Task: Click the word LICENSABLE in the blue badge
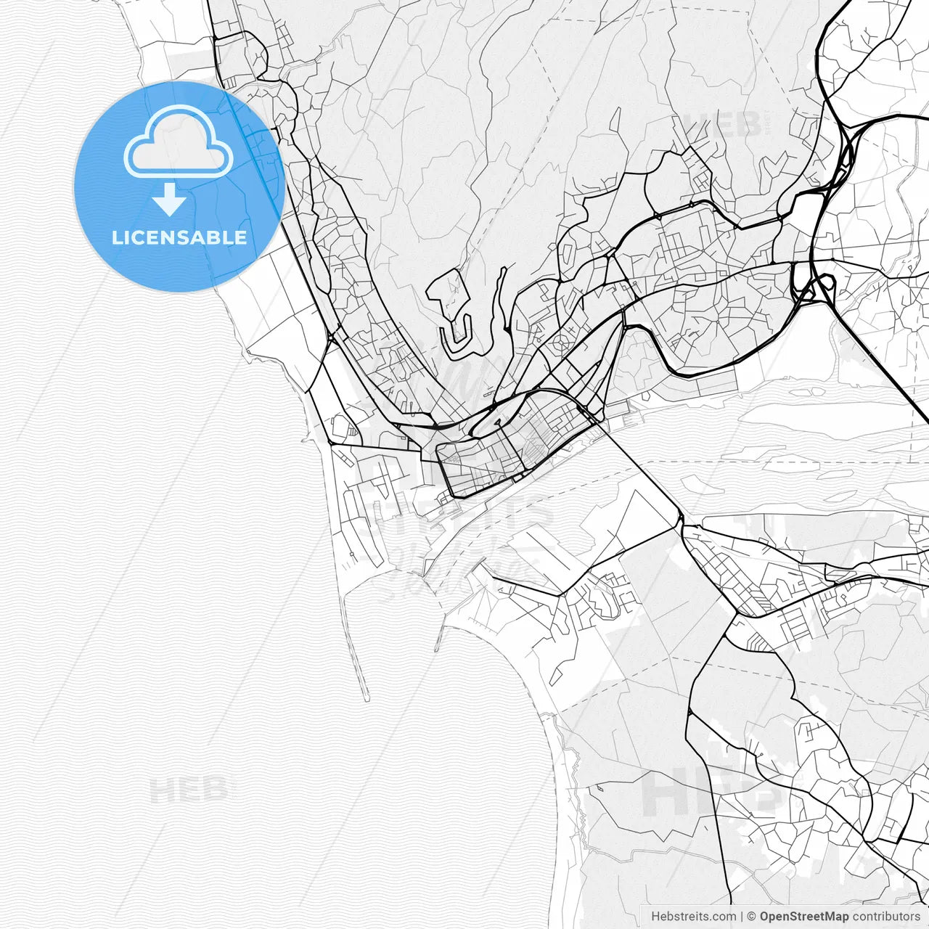[x=179, y=237]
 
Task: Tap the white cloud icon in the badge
[x=179, y=142]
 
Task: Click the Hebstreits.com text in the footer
[x=693, y=916]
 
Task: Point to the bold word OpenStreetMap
[x=803, y=916]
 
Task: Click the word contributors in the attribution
[x=886, y=916]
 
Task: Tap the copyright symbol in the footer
[x=751, y=916]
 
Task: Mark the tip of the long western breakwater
[x=367, y=698]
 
